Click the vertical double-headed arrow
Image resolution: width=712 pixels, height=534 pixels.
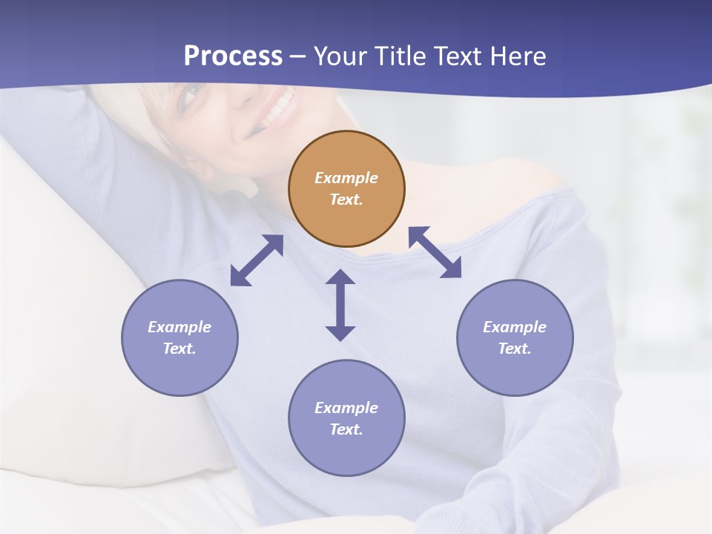click(x=340, y=305)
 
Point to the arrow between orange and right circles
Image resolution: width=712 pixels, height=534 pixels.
click(x=435, y=252)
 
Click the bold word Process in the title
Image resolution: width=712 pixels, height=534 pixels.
click(x=233, y=56)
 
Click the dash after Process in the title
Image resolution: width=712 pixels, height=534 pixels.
click(x=297, y=56)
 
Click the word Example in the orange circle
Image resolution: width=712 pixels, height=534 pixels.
click(x=346, y=178)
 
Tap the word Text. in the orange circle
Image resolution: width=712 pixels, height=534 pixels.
click(x=346, y=200)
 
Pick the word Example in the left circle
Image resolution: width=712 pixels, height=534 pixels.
click(x=179, y=327)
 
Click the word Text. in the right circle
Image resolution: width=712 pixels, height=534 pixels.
click(x=515, y=349)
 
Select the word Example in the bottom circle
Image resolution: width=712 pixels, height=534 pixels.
click(x=346, y=408)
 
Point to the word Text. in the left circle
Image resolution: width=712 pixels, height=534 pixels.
click(x=179, y=349)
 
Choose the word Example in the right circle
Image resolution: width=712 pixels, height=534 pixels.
click(x=515, y=327)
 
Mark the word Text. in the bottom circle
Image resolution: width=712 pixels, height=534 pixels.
click(x=346, y=429)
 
